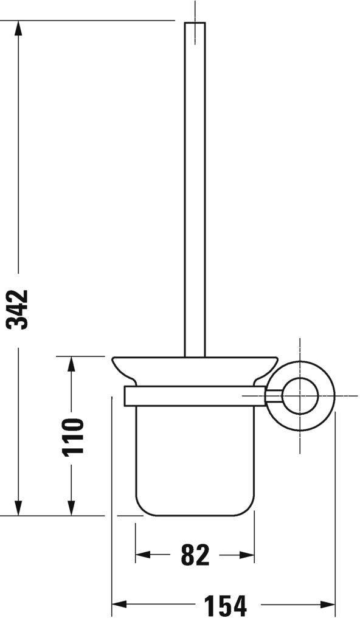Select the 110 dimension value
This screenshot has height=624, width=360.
point(72,436)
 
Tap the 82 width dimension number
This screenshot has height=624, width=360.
point(195,555)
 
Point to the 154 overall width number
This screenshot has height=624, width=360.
point(225,606)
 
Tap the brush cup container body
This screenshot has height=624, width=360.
point(195,456)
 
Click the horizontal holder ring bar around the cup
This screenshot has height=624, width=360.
point(195,396)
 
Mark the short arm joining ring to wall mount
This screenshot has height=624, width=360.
point(273,396)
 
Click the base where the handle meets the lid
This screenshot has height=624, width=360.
point(195,355)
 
